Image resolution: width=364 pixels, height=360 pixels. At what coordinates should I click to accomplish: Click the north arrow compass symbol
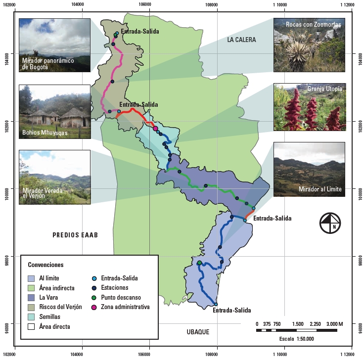[330, 222]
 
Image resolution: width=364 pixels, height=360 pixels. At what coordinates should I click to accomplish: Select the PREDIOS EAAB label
[75, 235]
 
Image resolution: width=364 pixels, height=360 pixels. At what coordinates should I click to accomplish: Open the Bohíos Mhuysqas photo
[54, 111]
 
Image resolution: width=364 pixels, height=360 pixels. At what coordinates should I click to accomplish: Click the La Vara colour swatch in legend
[32, 297]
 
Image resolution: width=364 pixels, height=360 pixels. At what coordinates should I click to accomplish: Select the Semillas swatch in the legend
[32, 316]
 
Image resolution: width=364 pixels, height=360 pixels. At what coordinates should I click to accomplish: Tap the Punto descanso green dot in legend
[94, 297]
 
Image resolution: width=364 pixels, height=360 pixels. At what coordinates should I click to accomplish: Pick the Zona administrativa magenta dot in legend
[94, 307]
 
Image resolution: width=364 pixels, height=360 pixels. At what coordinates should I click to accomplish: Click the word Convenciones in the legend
[45, 265]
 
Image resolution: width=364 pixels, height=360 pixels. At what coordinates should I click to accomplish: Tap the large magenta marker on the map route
[155, 128]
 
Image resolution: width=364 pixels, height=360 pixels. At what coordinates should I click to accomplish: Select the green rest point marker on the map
[199, 263]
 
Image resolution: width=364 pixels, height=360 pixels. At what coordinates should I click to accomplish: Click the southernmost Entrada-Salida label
[231, 311]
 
